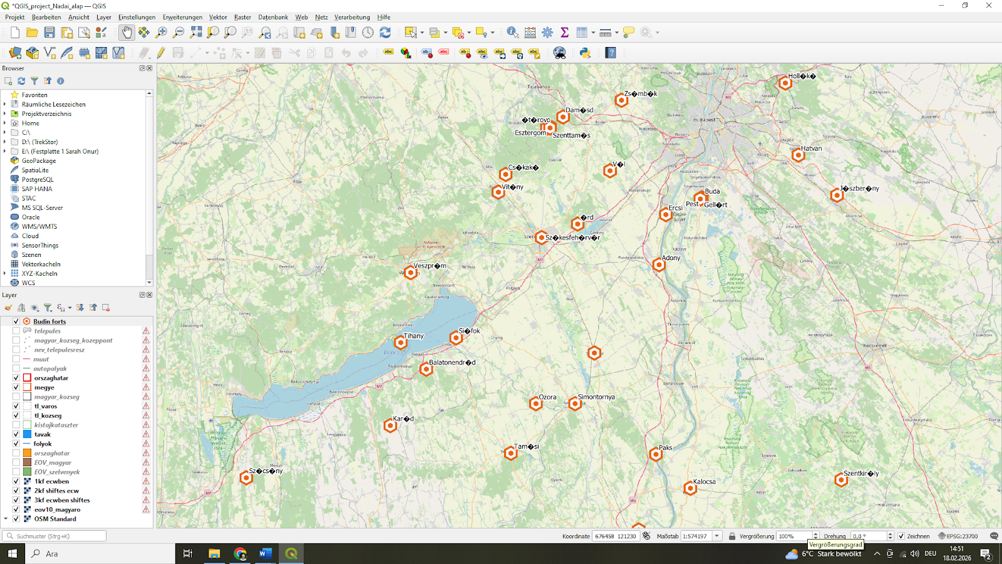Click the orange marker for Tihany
(401, 343)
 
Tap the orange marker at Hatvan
(798, 155)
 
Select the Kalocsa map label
(704, 482)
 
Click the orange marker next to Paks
(656, 454)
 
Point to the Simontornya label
(596, 397)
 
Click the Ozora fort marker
(535, 404)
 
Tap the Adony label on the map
(671, 258)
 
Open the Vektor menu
(218, 18)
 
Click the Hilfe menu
(384, 18)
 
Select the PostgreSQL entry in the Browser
(38, 180)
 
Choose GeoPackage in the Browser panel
(39, 161)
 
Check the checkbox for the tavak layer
(16, 434)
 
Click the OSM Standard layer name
(55, 519)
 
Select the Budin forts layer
(49, 321)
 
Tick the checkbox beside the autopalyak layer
(16, 368)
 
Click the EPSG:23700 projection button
(958, 536)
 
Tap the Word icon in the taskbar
(266, 553)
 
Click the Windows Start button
(12, 553)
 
